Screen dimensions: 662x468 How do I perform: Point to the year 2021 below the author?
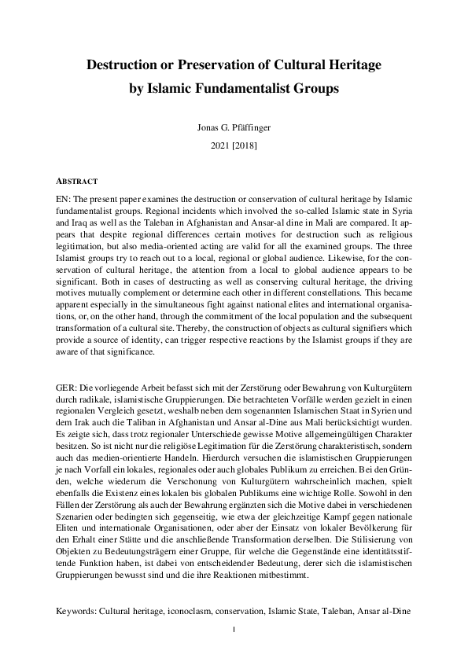(x=214, y=146)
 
